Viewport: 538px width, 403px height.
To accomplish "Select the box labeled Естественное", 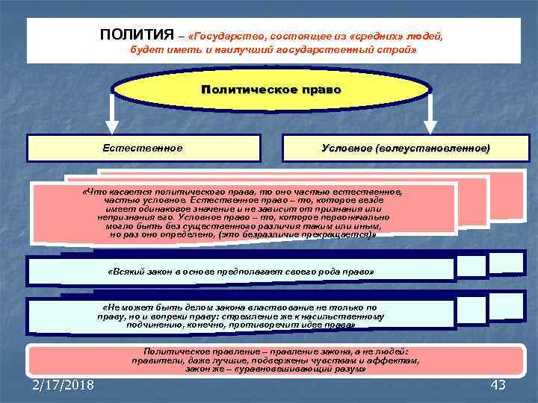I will point(143,148).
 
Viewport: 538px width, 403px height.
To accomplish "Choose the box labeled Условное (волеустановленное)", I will point(401,149).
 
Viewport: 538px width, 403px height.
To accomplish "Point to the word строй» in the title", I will point(398,49).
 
